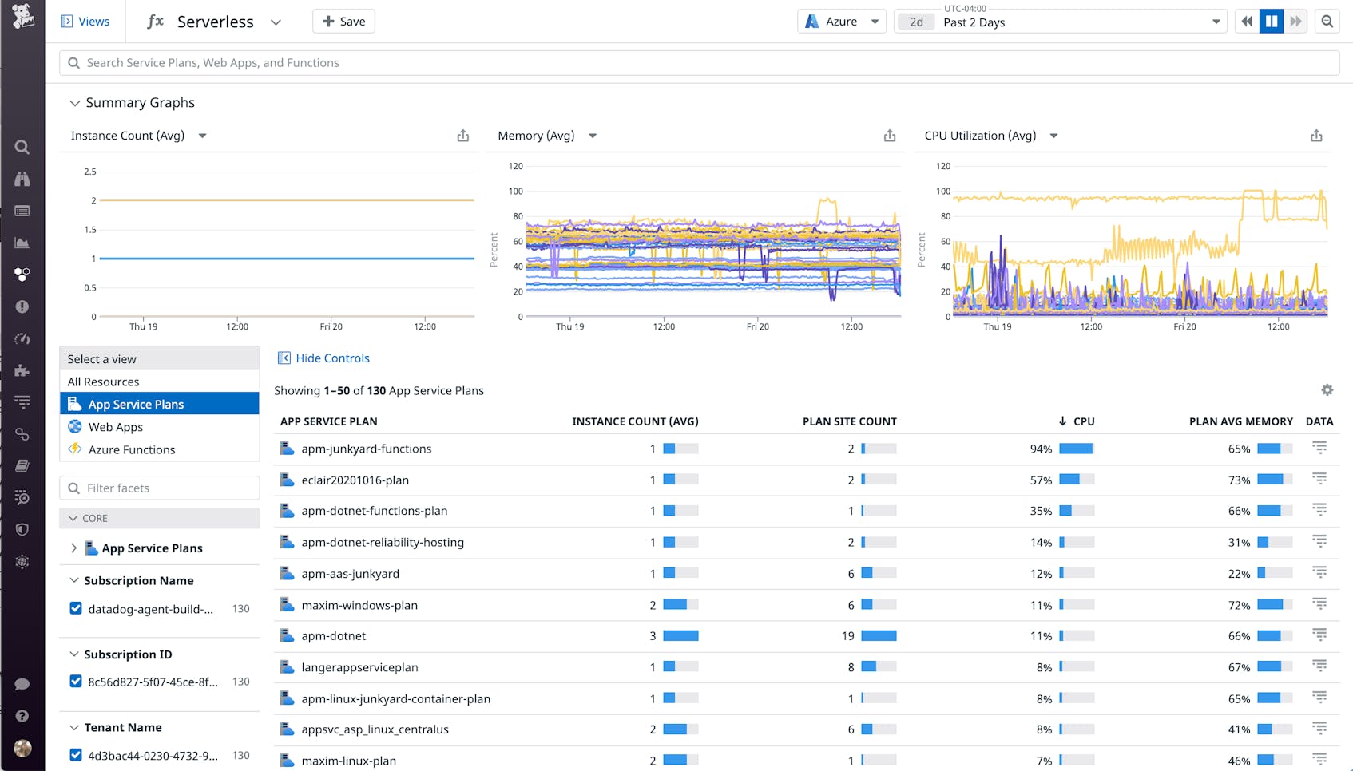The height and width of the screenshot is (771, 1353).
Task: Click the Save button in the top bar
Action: tap(343, 22)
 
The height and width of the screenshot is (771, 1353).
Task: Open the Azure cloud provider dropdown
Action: tap(842, 22)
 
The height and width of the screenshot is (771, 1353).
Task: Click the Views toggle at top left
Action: tap(85, 22)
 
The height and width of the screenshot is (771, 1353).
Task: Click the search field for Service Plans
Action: tap(699, 63)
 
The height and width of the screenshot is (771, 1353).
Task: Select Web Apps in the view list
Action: tap(116, 427)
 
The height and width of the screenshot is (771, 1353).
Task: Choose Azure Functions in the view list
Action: tap(131, 449)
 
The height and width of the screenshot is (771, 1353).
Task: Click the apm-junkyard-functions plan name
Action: tap(366, 449)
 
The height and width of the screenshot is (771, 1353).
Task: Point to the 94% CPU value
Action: tap(1041, 449)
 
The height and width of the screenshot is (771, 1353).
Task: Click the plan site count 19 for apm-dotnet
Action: tap(847, 636)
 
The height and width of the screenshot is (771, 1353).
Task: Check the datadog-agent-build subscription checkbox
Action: tap(76, 608)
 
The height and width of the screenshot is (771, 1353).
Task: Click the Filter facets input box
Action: tap(160, 488)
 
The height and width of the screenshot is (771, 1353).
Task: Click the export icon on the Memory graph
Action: tap(890, 136)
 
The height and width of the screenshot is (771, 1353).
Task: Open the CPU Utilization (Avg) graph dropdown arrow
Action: tap(1053, 136)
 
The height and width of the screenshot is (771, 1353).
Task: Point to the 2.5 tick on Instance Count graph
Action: tap(90, 172)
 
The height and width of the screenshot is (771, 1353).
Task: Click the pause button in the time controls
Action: tap(1271, 22)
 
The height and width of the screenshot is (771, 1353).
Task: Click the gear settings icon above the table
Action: tap(1327, 390)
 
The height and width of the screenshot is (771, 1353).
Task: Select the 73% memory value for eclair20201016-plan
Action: tap(1239, 480)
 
